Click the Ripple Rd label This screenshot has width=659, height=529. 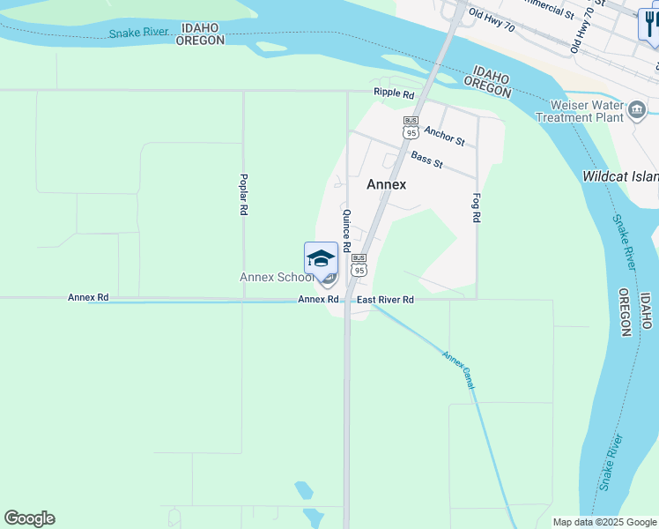tap(393, 93)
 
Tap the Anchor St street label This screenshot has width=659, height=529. tap(443, 135)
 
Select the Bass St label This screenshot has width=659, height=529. tap(426, 160)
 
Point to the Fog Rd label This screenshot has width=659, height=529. tap(477, 207)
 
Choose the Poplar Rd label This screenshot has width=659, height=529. tap(243, 194)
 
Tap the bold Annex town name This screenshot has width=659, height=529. tap(386, 184)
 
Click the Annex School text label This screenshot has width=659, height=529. tap(277, 277)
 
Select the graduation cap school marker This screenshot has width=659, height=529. tap(321, 258)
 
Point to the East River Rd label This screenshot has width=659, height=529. tap(385, 300)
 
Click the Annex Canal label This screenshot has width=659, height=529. tap(459, 370)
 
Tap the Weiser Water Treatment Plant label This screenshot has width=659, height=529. tap(579, 111)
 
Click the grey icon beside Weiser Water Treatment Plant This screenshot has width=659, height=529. tap(637, 110)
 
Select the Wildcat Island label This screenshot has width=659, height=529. tap(620, 176)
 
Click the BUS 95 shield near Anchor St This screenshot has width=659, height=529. tap(411, 127)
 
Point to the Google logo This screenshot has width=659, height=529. tap(29, 518)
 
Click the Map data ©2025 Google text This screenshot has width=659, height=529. tap(603, 522)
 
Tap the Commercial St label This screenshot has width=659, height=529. tap(547, 8)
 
